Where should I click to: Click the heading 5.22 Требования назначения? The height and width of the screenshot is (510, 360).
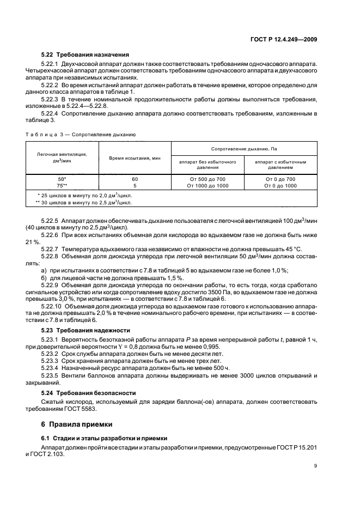click(85, 54)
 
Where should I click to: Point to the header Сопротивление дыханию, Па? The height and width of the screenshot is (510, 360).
click(245, 148)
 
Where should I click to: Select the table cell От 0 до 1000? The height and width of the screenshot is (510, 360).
click(280, 185)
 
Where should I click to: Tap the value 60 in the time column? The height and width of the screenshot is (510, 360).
click(135, 178)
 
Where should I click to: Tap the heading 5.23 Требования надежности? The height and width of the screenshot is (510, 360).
click(86, 330)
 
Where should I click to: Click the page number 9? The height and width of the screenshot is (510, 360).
click(315, 465)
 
